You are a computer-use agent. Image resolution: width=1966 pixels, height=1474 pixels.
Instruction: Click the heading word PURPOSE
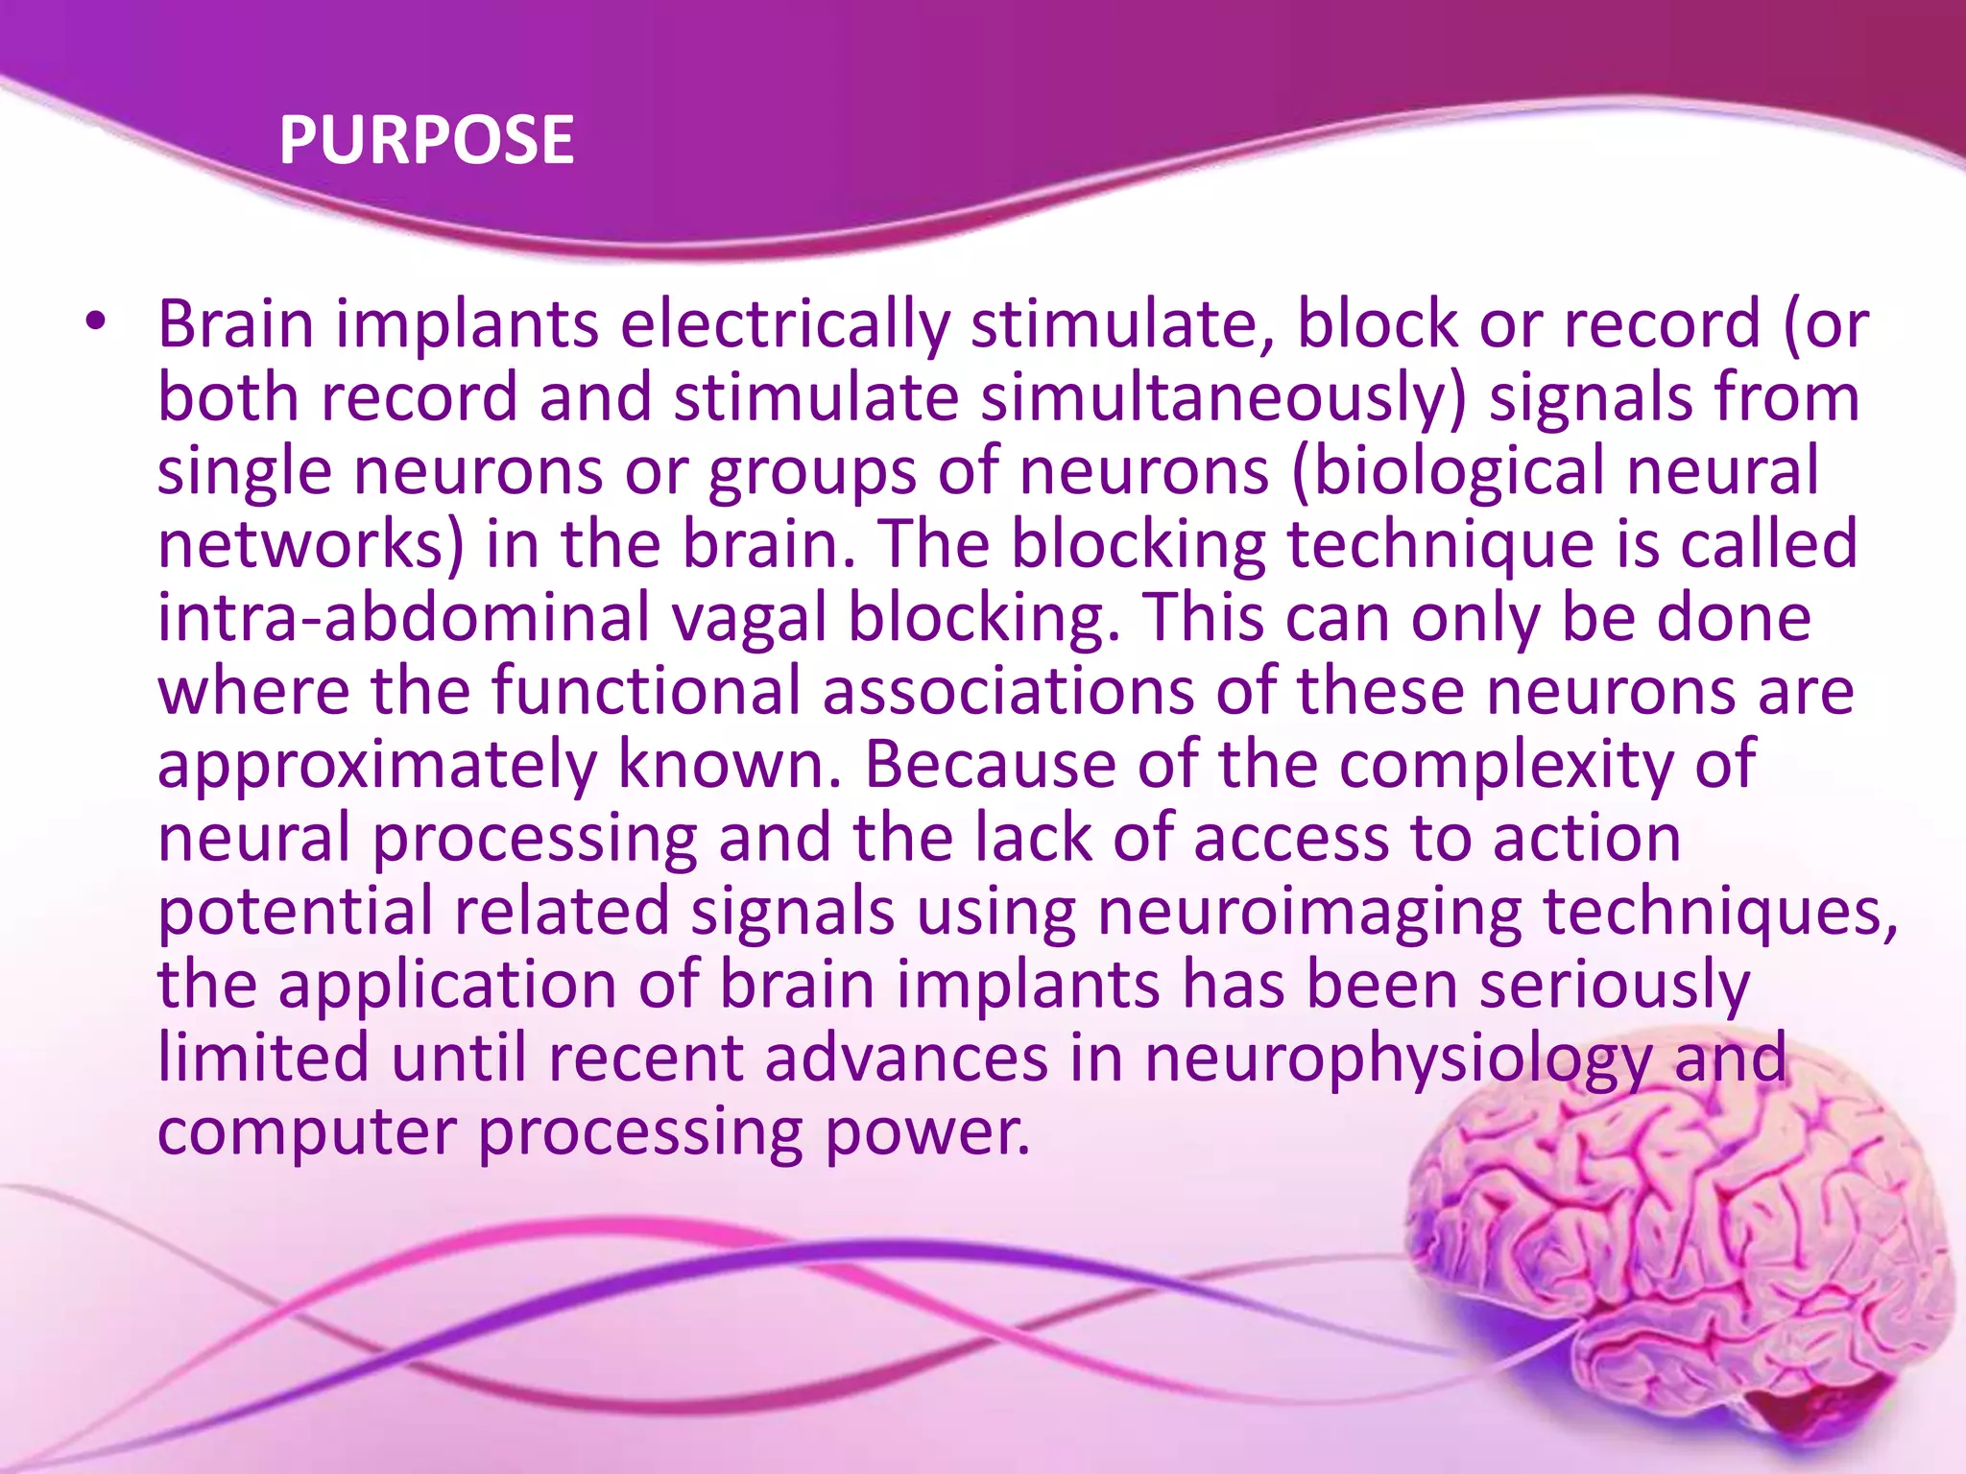pos(426,140)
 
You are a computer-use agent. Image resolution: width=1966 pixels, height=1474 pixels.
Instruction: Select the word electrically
pos(784,324)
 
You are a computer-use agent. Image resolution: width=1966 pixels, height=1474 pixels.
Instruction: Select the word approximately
pos(376,765)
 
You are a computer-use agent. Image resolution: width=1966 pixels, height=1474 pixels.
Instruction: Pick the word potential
pos(295,911)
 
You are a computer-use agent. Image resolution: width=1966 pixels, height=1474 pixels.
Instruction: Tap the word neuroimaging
pos(1309,911)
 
